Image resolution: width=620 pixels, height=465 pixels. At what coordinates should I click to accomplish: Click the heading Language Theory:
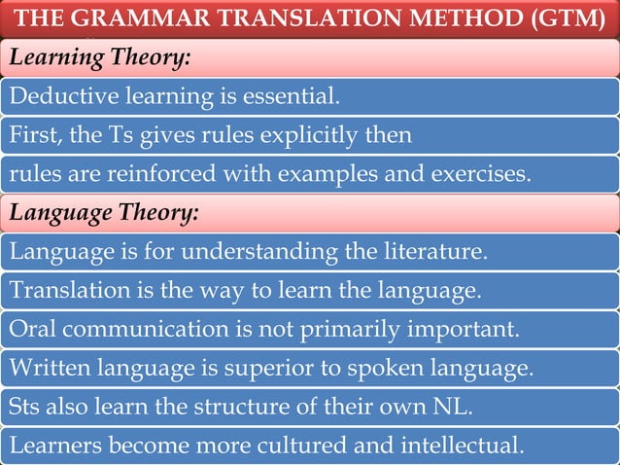(104, 210)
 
